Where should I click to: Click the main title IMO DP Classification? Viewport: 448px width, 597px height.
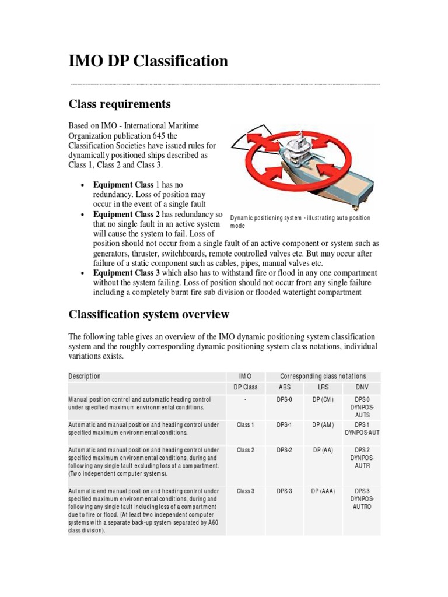coord(148,61)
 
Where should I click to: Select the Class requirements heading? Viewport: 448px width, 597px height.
coord(120,104)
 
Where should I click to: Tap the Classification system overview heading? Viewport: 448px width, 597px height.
coord(149,315)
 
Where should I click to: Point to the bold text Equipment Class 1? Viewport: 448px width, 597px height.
coord(125,184)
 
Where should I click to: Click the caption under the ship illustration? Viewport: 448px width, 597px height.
coord(300,222)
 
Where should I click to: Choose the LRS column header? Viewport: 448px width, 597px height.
coord(324,388)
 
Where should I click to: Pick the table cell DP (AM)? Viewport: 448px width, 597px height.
coord(324,424)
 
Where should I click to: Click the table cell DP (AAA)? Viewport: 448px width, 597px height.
coord(324,491)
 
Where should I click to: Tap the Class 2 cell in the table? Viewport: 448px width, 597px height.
coord(245,450)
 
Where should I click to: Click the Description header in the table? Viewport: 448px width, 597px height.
coord(85,377)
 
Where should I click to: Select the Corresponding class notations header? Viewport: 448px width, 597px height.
coord(324,377)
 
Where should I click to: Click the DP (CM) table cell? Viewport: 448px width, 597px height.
coord(324,399)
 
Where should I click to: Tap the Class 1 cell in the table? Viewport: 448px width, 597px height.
coord(245,424)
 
